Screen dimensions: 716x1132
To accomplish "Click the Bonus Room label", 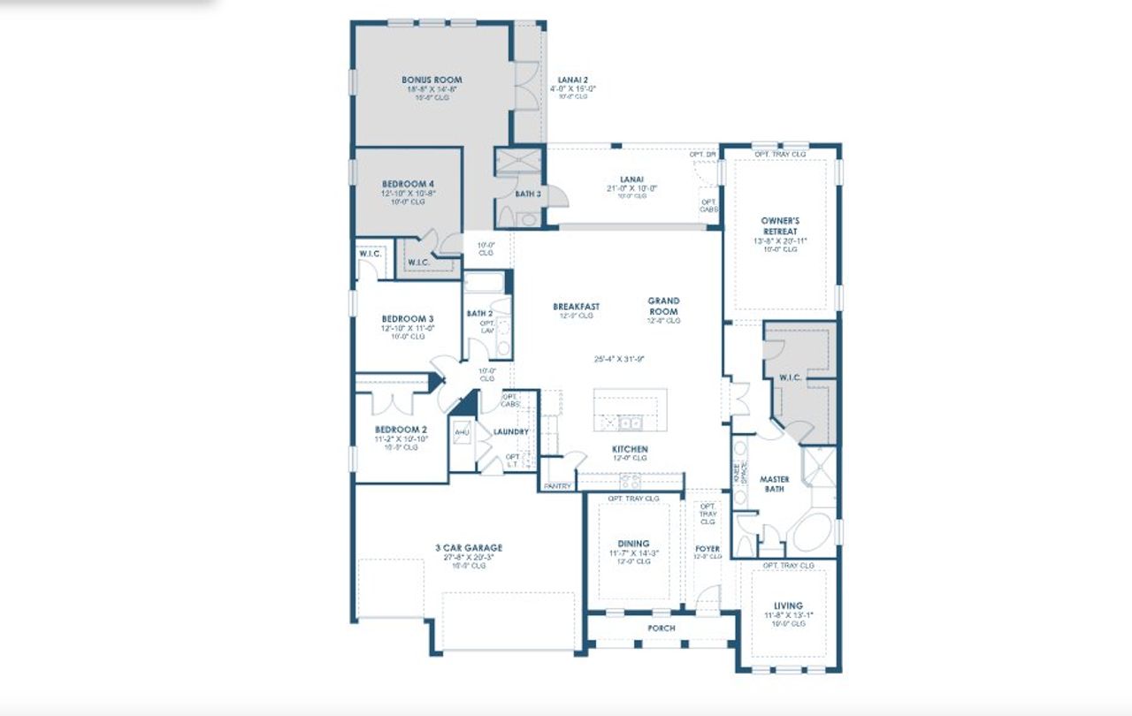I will coord(432,80).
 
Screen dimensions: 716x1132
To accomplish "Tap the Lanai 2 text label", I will coord(572,80).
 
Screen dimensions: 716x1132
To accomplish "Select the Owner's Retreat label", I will coord(779,225).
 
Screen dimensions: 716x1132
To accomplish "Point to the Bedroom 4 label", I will coord(408,184).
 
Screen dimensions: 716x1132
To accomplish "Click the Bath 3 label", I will coord(528,193).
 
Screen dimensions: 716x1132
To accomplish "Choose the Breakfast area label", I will coord(576,307).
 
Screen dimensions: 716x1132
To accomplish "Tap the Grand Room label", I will coord(663,306).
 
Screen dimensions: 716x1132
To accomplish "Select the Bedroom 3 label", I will coord(407,318).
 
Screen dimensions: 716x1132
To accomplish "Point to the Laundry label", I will coord(510,432).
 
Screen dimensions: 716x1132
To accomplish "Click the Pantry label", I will coord(557,486).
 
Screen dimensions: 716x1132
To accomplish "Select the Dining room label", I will coord(633,544).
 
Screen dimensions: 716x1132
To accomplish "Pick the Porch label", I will coord(661,628).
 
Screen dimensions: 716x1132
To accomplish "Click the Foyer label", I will coord(707,549).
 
